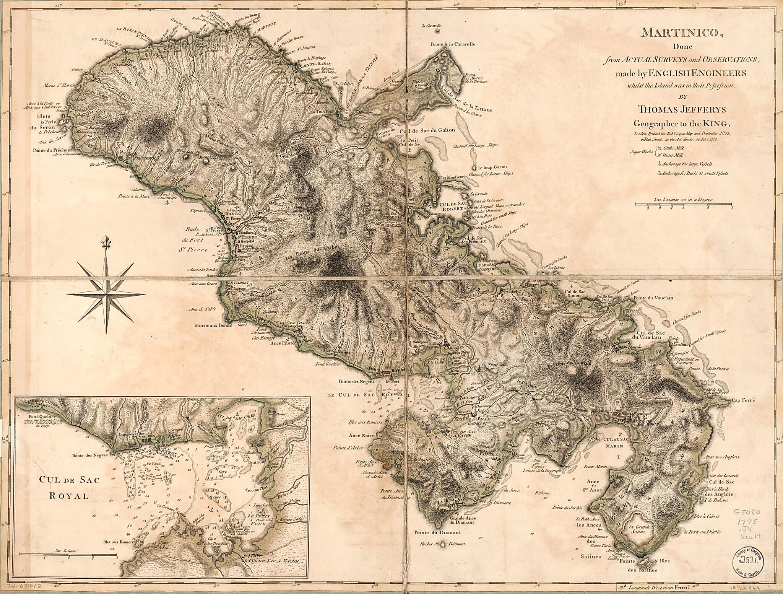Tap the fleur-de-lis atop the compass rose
click(x=106, y=242)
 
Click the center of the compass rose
click(x=106, y=294)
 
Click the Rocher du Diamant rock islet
click(x=443, y=543)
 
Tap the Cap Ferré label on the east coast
click(x=743, y=401)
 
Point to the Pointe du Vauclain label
click(x=653, y=298)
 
